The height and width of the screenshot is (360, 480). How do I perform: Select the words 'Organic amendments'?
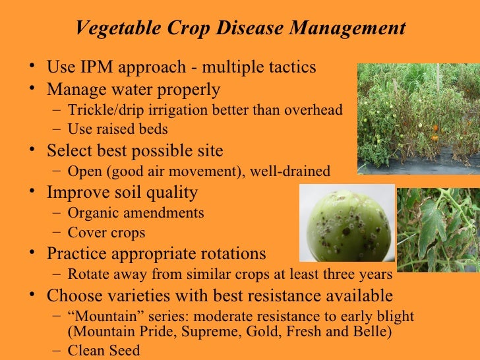point(135,213)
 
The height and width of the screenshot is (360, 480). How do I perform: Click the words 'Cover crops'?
point(106,233)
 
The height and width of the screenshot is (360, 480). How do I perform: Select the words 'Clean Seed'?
point(104,350)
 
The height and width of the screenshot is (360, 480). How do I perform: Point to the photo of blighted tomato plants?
point(418,119)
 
